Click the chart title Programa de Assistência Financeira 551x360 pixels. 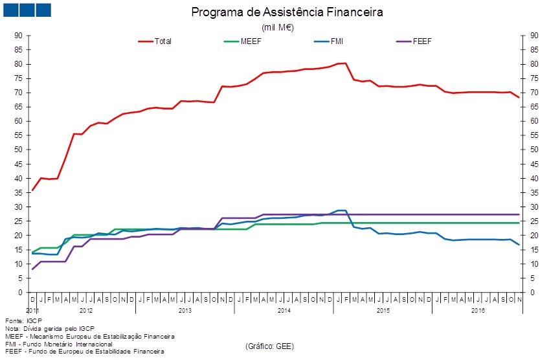click(x=287, y=12)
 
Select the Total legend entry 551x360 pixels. click(x=163, y=41)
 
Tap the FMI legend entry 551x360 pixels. click(x=337, y=41)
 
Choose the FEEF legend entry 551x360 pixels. click(x=422, y=41)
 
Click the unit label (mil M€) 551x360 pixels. click(x=277, y=27)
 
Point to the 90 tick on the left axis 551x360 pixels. click(x=18, y=36)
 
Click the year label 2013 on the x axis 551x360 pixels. click(x=185, y=311)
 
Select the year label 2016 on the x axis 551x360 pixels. click(x=478, y=311)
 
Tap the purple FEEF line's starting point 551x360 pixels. click(x=32, y=269)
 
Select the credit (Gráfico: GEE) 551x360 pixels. click(x=269, y=346)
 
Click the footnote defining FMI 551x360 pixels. click(x=58, y=344)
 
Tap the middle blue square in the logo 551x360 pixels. click(x=27, y=10)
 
